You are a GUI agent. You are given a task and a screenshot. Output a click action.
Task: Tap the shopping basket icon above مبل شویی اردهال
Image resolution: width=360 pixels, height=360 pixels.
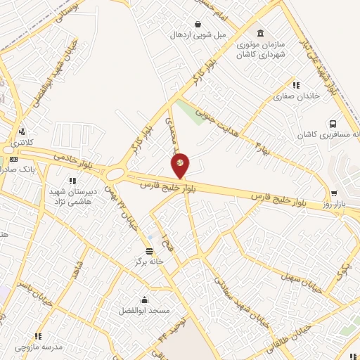[199, 23]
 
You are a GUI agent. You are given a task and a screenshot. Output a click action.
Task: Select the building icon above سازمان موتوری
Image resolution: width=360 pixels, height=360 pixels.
[261, 33]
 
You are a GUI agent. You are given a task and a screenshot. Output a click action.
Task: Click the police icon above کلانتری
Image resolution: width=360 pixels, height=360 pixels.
[22, 131]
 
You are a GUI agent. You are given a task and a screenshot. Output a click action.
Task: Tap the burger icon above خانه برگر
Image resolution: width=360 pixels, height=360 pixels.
[148, 251]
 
